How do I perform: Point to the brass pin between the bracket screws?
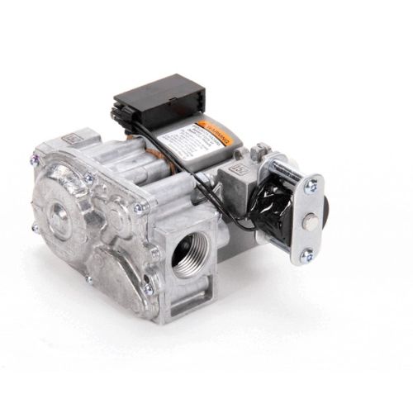point(310,221)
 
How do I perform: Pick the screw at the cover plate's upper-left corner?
point(36,154)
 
